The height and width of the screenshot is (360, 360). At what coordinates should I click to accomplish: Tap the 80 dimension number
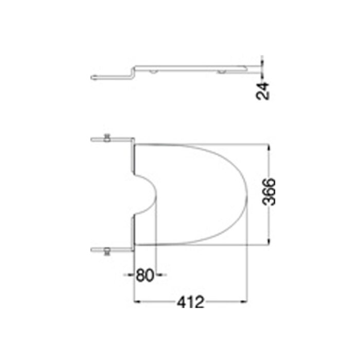point(145,275)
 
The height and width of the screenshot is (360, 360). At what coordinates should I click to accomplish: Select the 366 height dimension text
point(268,192)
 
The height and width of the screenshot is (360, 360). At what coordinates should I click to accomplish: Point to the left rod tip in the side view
point(93,78)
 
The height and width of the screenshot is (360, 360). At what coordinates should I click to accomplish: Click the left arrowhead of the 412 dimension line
point(137,301)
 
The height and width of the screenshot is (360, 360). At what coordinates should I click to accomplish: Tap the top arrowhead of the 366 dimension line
point(268,146)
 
